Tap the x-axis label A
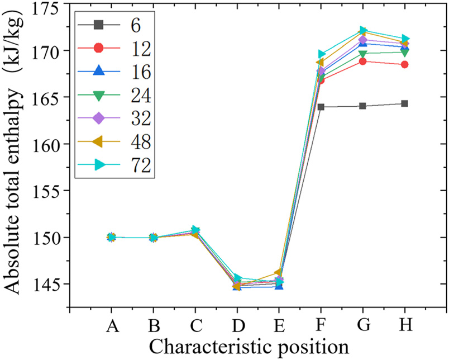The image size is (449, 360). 111,325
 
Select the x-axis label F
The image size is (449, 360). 321,325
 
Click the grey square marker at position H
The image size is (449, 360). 404,103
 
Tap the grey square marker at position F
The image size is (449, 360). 321,107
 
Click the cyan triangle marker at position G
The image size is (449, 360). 362,30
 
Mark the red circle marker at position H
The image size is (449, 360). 404,64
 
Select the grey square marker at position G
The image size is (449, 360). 362,106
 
